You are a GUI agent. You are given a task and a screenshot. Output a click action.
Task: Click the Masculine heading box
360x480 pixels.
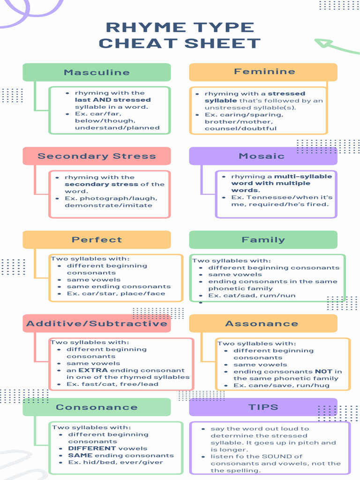(97, 72)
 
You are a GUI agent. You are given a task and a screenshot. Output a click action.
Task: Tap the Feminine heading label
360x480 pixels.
(263, 72)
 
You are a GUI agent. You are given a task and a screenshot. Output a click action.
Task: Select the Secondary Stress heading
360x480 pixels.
(97, 156)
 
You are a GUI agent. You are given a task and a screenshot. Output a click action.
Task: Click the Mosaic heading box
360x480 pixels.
(263, 156)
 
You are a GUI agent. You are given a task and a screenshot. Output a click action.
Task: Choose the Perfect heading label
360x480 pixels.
(97, 240)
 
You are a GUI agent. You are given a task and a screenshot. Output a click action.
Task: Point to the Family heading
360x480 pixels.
(263, 240)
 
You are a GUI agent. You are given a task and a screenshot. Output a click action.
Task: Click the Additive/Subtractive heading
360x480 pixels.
(97, 323)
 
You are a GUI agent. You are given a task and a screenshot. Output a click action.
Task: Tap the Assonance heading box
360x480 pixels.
(263, 323)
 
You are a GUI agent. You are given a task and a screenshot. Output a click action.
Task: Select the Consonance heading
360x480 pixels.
(97, 407)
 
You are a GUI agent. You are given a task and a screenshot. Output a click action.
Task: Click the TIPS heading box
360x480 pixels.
(263, 407)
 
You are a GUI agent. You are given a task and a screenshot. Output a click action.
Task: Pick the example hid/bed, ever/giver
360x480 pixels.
(121, 462)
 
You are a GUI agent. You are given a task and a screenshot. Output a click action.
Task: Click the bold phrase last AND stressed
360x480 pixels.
(113, 100)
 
